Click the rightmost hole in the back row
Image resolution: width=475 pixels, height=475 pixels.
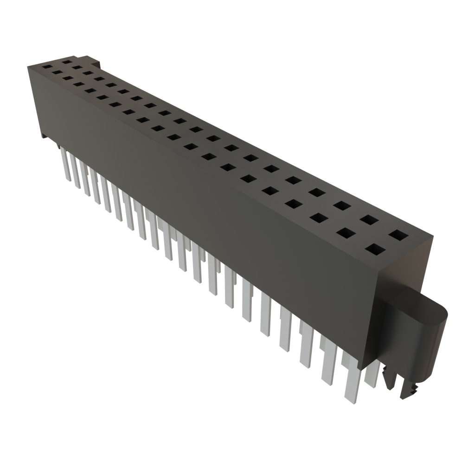click(397, 235)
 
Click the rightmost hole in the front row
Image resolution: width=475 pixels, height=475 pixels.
click(375, 250)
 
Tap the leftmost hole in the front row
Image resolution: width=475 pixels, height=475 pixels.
click(47, 67)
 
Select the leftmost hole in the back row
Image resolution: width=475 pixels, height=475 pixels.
click(68, 61)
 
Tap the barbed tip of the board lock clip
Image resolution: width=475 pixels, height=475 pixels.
click(411, 392)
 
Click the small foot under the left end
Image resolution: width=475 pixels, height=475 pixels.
click(42, 136)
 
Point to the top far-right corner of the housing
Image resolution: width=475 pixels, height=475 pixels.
click(433, 236)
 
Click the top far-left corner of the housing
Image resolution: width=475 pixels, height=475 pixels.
click(28, 66)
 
